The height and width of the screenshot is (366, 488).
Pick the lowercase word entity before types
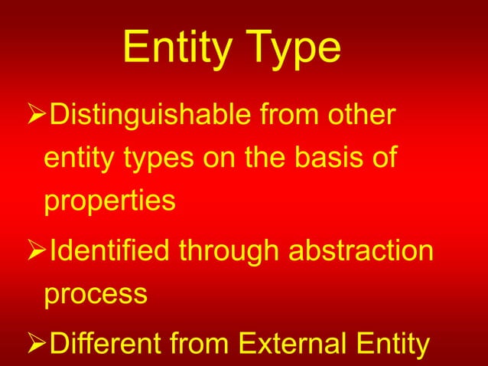[x=76, y=161]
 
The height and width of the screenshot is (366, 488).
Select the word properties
[x=109, y=203]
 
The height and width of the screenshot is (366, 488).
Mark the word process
[x=95, y=295]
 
